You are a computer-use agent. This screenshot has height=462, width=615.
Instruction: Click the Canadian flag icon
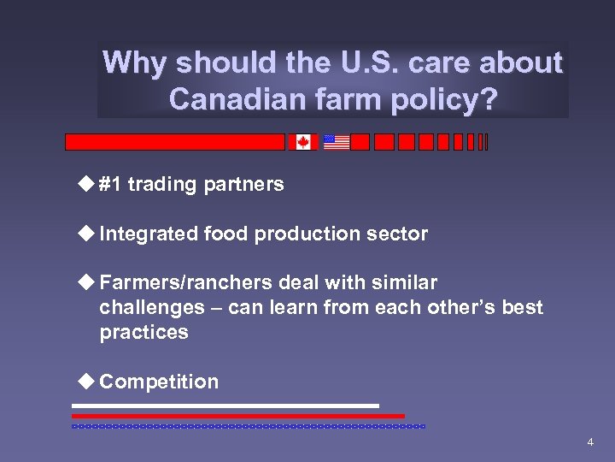point(302,142)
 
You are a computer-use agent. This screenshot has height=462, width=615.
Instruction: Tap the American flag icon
point(337,142)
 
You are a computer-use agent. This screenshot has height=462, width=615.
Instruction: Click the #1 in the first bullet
point(109,184)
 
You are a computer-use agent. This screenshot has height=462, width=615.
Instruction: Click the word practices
point(143,332)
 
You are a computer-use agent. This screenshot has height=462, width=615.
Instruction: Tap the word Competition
point(159,382)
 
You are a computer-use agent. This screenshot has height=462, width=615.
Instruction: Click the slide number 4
point(589,442)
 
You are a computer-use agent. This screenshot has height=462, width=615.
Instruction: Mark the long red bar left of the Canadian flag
point(175,142)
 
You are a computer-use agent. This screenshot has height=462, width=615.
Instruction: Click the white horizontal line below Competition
point(225,406)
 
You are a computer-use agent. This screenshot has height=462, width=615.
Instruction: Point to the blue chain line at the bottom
point(248,425)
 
